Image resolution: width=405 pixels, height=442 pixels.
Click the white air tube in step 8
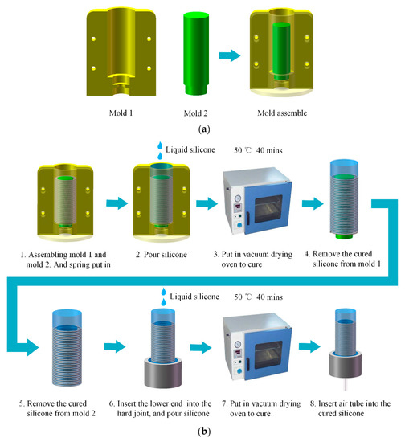(347, 383)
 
